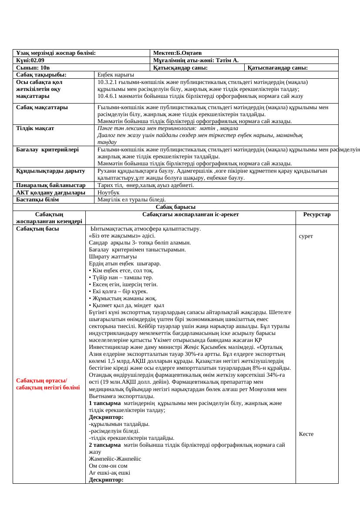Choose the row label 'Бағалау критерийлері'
(47, 149)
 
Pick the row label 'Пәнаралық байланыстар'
(50, 185)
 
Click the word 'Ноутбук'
(109, 192)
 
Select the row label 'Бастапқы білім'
(37, 199)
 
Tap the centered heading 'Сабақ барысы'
(175, 207)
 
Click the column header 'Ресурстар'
(317, 214)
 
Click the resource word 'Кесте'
(306, 434)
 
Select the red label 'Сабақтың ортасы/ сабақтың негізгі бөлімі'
(48, 384)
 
